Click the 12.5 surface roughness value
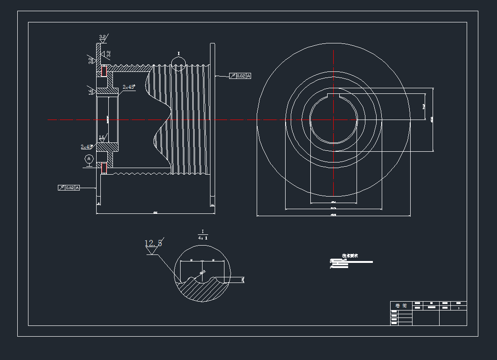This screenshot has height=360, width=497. coord(153,243)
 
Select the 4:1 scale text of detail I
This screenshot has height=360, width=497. coord(203,238)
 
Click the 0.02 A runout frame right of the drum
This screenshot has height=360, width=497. coord(240,76)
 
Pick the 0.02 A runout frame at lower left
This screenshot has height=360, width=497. coord(69,187)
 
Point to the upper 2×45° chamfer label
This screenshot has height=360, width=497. coord(128,87)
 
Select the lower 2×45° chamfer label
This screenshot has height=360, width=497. coord(86,147)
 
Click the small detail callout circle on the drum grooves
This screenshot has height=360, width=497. coord(178,62)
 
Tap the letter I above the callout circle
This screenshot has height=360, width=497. coord(178,54)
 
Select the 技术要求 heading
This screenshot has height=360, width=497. coord(350,256)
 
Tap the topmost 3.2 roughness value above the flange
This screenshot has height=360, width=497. coord(102,36)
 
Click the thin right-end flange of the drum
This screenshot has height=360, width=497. coord(212,119)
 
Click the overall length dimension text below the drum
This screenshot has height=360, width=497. coord(155,212)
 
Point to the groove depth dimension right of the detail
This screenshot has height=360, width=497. coord(243,280)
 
